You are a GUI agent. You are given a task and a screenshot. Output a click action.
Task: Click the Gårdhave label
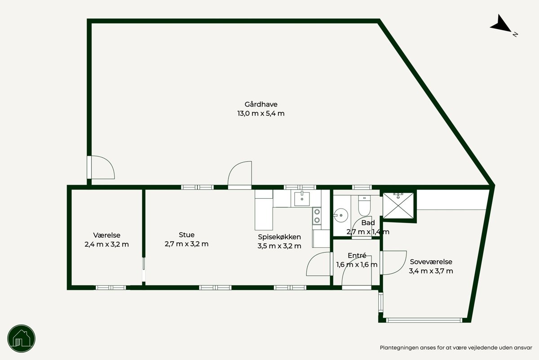(261, 105)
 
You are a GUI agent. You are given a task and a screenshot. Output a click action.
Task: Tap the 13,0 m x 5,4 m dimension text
(261, 113)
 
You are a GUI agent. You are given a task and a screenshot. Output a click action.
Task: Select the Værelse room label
(106, 235)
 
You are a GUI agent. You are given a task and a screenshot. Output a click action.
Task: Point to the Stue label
(186, 235)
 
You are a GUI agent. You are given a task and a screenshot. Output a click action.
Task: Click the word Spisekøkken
(279, 237)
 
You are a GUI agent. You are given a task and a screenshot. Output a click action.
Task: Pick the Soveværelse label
(431, 262)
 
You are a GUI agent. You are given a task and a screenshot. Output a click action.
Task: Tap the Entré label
(357, 255)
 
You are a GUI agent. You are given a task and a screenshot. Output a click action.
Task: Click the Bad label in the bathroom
(368, 223)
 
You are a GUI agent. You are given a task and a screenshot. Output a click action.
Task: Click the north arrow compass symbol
(502, 26)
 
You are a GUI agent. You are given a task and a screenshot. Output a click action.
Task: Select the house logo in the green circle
(22, 338)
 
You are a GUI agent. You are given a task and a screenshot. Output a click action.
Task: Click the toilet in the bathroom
(364, 205)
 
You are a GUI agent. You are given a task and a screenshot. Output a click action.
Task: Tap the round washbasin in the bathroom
(341, 215)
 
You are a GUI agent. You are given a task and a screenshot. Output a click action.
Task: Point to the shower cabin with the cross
(398, 205)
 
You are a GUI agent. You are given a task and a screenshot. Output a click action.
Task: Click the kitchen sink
(302, 199)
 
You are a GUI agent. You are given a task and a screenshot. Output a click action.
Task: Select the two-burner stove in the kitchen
(317, 216)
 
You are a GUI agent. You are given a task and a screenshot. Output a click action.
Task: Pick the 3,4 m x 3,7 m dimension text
(431, 271)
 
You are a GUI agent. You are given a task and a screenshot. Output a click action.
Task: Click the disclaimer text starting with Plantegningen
(456, 348)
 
